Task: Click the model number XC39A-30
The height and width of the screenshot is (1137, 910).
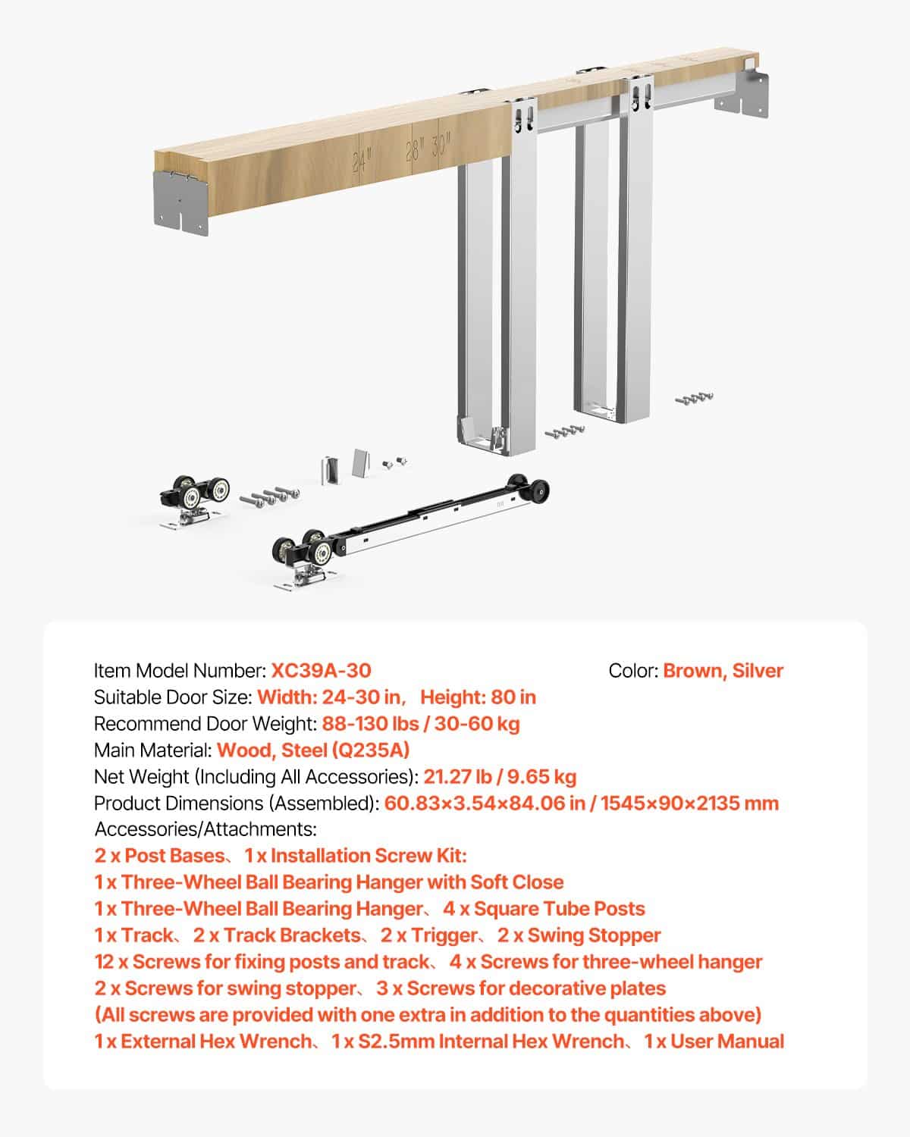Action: [321, 671]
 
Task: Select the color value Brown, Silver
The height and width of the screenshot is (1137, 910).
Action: [723, 671]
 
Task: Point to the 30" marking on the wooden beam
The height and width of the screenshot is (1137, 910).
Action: [441, 143]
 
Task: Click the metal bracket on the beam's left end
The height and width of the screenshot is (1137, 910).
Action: [180, 202]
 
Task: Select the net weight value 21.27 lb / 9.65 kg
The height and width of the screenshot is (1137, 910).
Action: [500, 777]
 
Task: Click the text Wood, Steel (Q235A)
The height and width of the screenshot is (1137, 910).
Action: [313, 750]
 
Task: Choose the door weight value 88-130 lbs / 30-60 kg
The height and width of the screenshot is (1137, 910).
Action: [421, 724]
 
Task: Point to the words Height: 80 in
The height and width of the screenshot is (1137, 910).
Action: [478, 697]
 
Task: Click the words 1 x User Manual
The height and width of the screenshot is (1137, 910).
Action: [714, 1041]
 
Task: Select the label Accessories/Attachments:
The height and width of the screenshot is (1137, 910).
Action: [206, 829]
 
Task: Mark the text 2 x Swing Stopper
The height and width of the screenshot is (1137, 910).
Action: [579, 935]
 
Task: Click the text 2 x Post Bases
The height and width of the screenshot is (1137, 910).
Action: [159, 856]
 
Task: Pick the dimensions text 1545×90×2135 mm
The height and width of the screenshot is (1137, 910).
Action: [689, 803]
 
